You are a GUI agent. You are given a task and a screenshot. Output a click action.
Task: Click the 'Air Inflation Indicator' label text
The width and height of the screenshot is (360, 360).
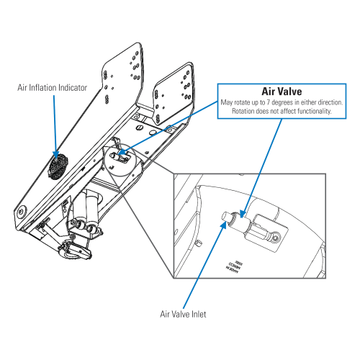pos(53,88)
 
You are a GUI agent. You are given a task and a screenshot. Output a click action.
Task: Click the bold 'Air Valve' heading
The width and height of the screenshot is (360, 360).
pos(281,91)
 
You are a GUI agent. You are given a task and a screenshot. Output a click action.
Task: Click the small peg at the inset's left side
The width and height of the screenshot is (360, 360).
pos(197,244)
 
